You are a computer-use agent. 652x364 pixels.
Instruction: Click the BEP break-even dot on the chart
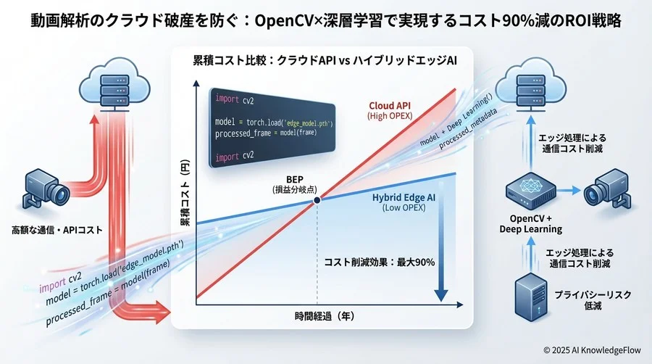point(318,202)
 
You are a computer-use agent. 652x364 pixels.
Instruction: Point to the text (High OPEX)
point(389,116)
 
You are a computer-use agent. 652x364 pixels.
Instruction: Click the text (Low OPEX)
point(403,207)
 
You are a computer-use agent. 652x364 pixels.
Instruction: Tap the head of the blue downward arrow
point(440,295)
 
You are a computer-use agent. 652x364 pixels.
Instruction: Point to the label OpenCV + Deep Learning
point(530,223)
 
